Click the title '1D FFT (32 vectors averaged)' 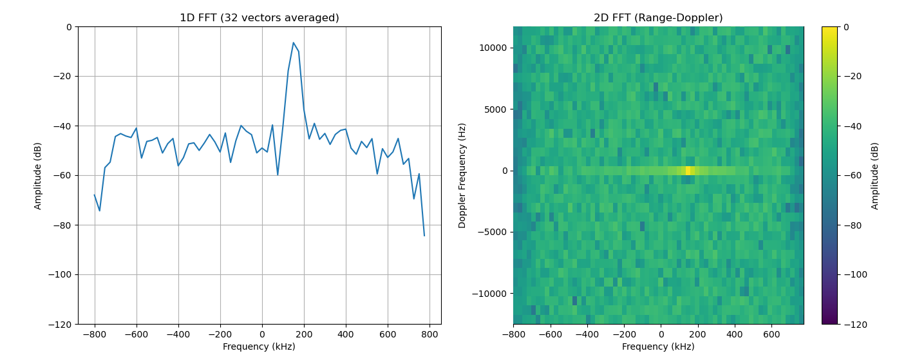259,18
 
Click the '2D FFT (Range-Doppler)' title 658,18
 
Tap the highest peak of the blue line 293,43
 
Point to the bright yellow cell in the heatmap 688,171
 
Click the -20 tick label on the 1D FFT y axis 64,77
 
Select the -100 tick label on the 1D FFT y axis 61,274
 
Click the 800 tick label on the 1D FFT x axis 430,335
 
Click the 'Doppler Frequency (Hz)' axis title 462,175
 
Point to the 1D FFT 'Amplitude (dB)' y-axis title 39,175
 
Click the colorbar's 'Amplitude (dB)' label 875,175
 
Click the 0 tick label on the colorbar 845,27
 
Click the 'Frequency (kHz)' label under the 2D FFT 658,346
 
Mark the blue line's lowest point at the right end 424,236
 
